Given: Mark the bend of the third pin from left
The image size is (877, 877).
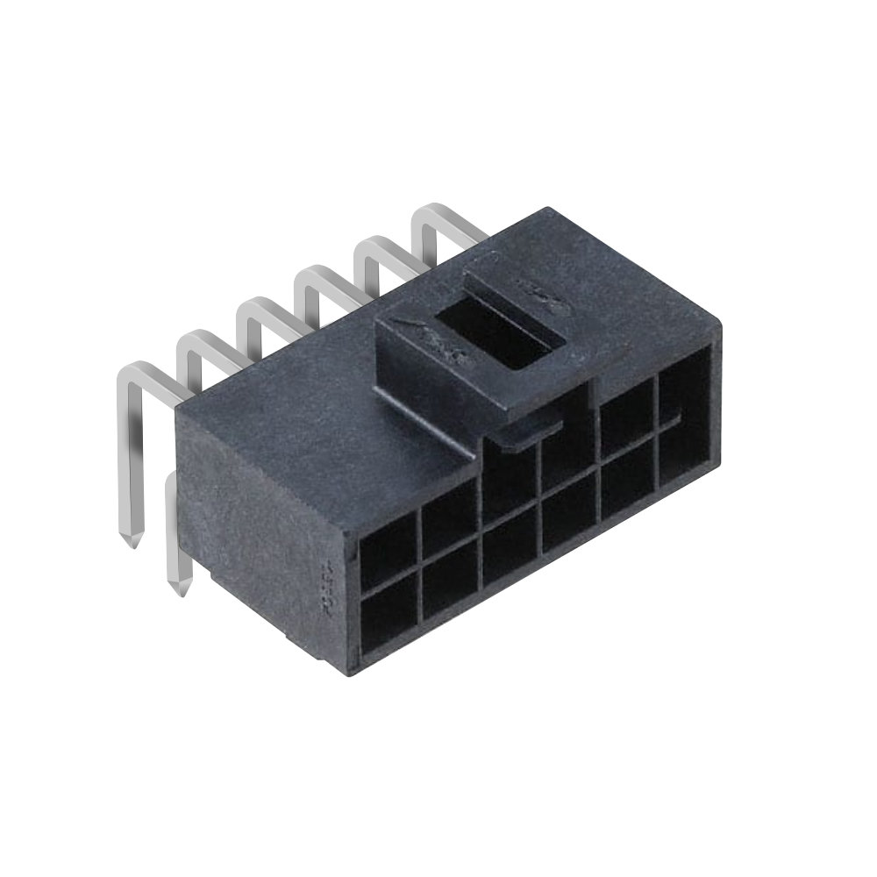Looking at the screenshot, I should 254,309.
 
